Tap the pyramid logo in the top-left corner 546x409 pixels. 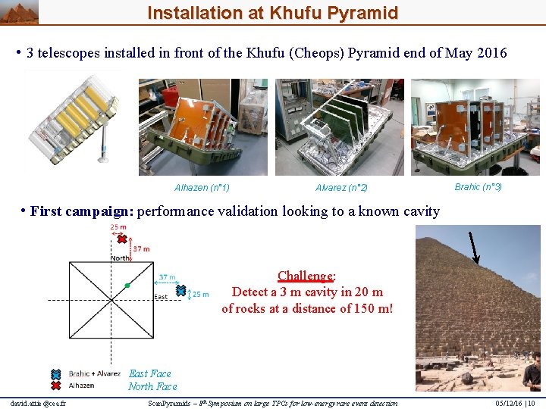tap(19, 11)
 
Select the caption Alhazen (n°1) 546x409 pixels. tap(202, 188)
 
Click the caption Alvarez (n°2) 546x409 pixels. tap(341, 188)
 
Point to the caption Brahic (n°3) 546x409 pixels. tap(478, 186)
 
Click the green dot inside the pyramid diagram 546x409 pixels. tap(127, 286)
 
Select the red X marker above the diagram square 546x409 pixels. tap(121, 239)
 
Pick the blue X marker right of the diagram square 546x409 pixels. tap(180, 290)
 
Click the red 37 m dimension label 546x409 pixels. tap(142, 248)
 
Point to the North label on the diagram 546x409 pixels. tap(121, 257)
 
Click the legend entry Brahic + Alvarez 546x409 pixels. tap(94, 373)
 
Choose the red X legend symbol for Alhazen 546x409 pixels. tap(55, 386)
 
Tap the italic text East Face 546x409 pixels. tap(150, 373)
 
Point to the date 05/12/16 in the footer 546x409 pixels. tap(507, 403)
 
